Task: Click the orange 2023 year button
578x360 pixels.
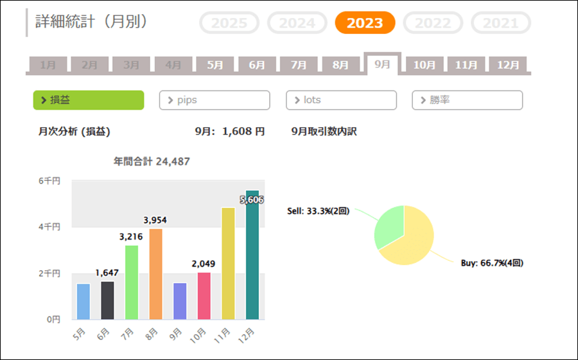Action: click(x=365, y=23)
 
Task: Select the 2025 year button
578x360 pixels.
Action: click(x=229, y=23)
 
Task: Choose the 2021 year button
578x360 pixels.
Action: click(x=501, y=23)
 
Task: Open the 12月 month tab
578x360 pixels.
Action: click(x=508, y=65)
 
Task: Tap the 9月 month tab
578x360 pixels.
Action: click(x=382, y=64)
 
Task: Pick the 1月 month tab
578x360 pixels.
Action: click(x=48, y=65)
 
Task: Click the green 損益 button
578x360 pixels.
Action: click(x=89, y=100)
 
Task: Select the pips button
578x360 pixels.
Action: click(x=215, y=100)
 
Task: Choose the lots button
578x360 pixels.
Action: click(x=341, y=100)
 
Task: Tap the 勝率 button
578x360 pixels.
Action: click(x=467, y=100)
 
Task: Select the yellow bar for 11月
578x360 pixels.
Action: click(x=228, y=264)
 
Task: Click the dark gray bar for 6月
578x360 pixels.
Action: click(x=107, y=300)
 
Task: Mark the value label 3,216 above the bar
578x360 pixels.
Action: click(x=131, y=237)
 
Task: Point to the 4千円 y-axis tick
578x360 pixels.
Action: click(x=49, y=227)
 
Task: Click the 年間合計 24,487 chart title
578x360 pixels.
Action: click(x=152, y=162)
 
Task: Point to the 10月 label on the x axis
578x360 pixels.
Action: click(x=199, y=334)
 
